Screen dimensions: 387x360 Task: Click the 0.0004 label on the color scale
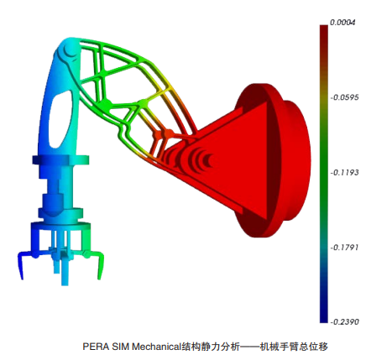[343, 23]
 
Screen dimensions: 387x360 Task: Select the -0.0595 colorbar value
[344, 97]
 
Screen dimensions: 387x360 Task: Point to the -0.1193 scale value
[344, 172]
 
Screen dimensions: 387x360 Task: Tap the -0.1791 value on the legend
[344, 248]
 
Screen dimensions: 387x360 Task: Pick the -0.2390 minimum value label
[344, 321]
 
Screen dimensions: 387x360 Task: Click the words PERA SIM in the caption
[106, 347]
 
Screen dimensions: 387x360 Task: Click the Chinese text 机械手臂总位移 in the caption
[294, 347]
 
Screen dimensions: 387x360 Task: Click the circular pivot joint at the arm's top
[69, 50]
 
